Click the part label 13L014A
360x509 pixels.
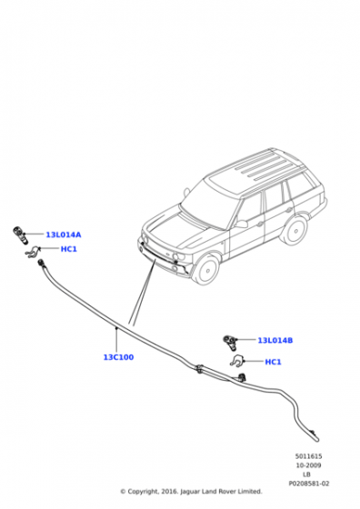coord(63,235)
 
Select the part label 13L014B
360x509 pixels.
coord(275,341)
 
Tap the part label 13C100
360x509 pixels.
coord(118,357)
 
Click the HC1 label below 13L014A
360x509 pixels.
coord(68,249)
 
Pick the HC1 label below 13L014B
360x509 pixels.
coord(273,362)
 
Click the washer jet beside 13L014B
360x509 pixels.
coord(230,341)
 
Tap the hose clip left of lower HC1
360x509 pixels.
coord(239,362)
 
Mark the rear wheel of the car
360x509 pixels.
coord(293,231)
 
